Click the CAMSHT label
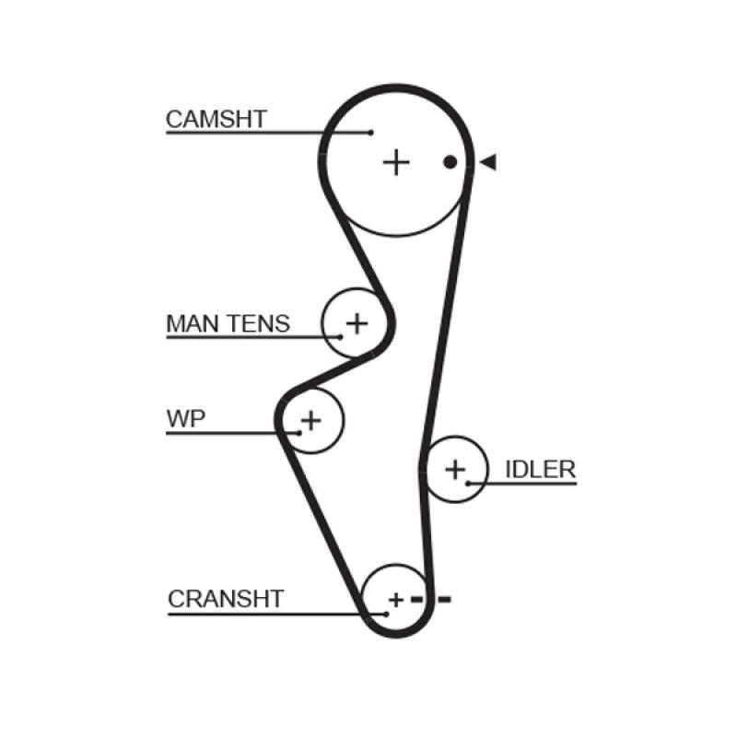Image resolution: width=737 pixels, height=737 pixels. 216,120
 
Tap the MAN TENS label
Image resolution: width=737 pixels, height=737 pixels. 228,323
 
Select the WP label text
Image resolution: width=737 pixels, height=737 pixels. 186,419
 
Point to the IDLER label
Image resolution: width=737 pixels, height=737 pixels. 540,469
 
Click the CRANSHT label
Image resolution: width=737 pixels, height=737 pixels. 226,599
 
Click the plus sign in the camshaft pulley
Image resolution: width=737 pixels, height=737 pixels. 395,163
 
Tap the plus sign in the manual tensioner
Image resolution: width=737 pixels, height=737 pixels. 356,322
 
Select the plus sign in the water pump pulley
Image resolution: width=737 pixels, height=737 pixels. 310,421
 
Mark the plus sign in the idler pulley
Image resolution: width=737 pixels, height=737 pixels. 455,470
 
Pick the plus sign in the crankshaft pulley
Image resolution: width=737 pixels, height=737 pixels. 395,601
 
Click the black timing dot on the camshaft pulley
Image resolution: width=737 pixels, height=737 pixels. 450,162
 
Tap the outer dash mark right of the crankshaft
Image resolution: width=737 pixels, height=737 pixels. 444,600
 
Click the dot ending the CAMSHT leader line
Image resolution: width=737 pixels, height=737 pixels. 371,133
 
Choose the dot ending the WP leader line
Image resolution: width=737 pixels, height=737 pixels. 299,431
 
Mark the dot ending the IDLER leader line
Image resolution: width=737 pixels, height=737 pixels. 468,483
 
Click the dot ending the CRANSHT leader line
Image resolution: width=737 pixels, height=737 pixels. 384,612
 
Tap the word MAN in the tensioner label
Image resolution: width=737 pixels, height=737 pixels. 192,323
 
